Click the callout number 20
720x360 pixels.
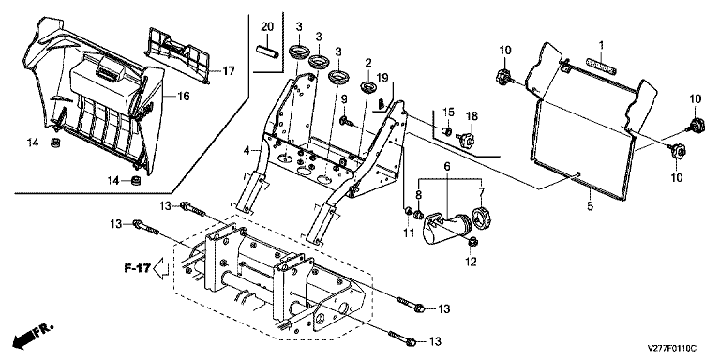[x=267, y=26]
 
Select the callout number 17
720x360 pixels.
[x=229, y=71]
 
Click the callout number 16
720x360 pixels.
[x=183, y=96]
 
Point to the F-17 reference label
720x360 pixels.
[x=137, y=268]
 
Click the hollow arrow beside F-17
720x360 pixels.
[x=161, y=267]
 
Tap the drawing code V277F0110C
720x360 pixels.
[x=672, y=349]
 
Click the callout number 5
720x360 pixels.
[x=590, y=205]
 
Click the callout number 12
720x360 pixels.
[x=472, y=262]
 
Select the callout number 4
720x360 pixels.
[x=247, y=150]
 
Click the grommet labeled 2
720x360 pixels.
[x=367, y=86]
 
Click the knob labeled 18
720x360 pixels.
[x=466, y=139]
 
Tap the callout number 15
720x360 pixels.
[x=448, y=112]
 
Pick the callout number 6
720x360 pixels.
[x=448, y=166]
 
